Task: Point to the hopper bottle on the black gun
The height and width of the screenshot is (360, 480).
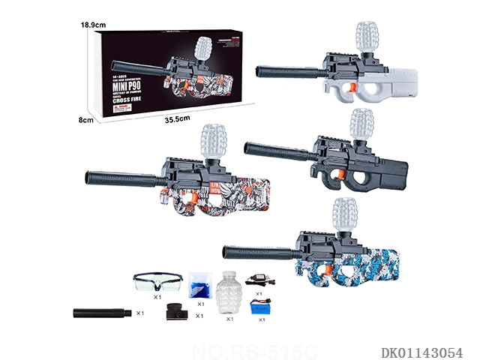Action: (364, 124)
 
